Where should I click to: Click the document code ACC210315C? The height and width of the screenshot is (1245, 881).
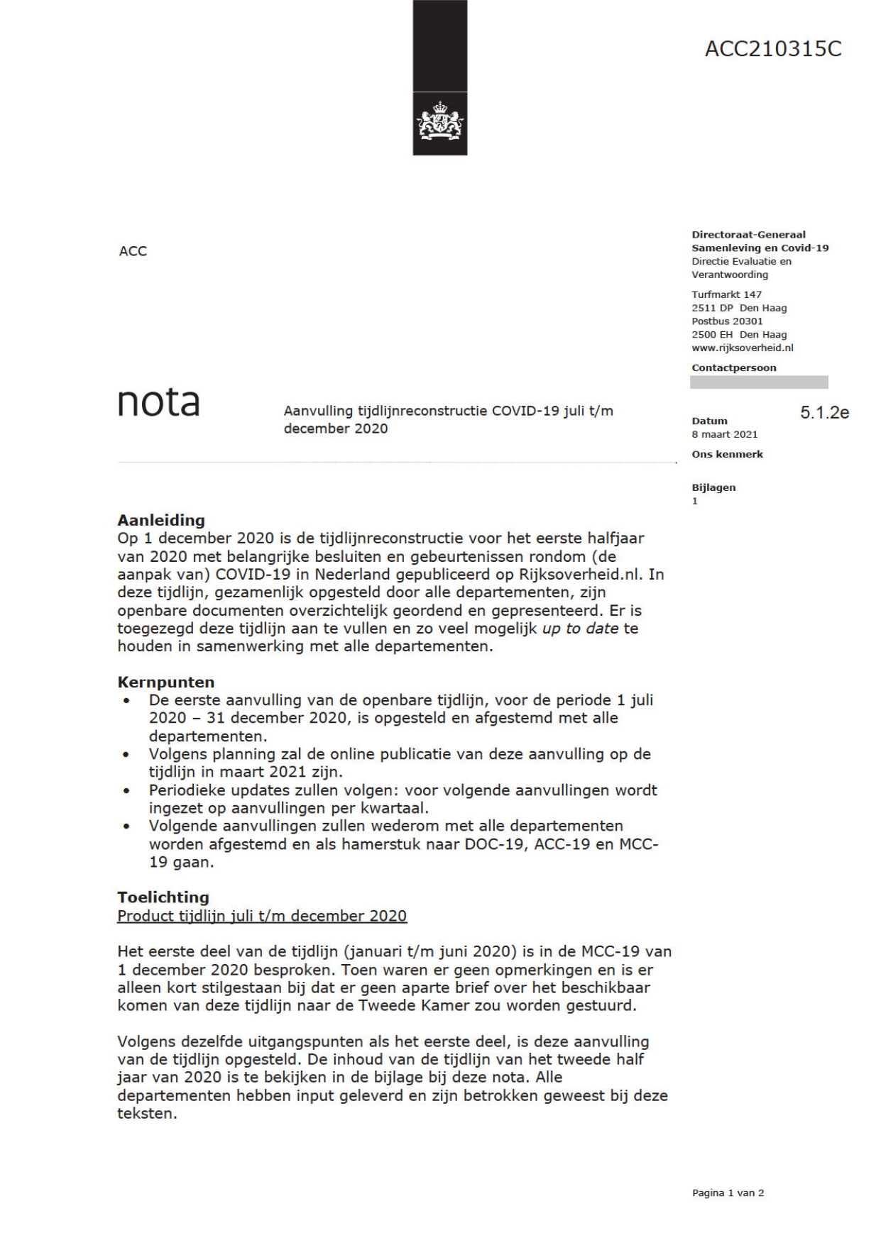772,49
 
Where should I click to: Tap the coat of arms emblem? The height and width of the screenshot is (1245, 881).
440,121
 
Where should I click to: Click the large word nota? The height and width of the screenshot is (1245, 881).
158,402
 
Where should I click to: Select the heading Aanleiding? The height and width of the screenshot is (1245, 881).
161,520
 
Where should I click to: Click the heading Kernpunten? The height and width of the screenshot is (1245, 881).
166,682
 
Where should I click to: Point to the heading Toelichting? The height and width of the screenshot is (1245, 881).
163,897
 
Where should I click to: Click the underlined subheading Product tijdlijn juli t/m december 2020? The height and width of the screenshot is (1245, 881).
262,915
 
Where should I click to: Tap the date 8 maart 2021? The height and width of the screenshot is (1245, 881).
724,434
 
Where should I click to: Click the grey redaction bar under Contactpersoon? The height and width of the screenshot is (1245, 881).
758,382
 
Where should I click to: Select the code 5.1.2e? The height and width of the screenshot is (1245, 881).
824,412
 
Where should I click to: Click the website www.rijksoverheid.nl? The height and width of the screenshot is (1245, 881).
742,348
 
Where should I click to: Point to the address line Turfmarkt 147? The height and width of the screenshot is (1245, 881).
726,294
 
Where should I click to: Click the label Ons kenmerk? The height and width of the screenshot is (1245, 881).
727,454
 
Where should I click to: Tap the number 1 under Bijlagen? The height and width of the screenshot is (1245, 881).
695,501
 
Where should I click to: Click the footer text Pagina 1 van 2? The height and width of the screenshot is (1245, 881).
728,1193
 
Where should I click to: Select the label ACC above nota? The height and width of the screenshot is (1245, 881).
133,251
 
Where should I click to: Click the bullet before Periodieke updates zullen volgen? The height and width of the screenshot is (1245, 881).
126,790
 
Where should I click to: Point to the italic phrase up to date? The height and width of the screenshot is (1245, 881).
580,629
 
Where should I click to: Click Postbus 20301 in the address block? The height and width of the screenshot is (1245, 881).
727,321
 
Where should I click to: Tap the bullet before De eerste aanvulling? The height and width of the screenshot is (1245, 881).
126,700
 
